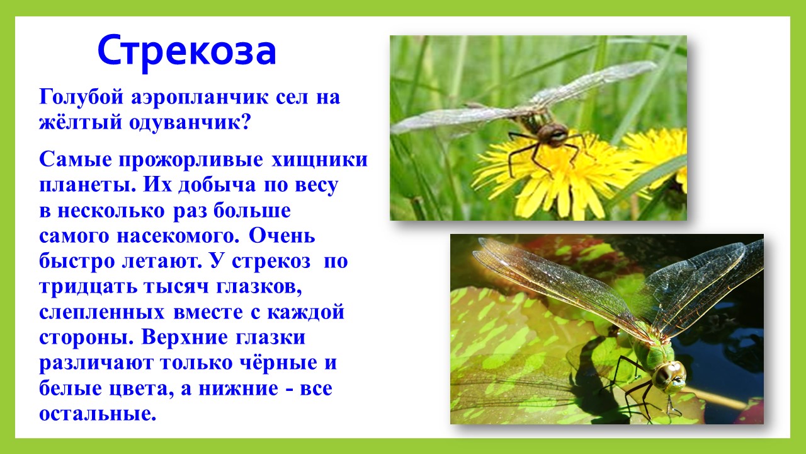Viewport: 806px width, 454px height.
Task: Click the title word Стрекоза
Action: click(x=187, y=51)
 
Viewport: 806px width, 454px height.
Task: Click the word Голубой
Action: click(x=81, y=98)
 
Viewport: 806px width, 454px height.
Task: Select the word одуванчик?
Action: click(x=190, y=123)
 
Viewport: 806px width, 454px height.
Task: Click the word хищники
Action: click(x=319, y=160)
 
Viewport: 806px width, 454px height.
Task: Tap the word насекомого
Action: click(x=178, y=236)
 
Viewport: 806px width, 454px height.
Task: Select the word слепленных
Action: click(x=102, y=312)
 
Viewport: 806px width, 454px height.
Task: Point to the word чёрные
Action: click(x=274, y=363)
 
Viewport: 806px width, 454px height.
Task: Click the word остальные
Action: click(x=98, y=414)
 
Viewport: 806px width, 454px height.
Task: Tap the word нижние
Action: click(x=238, y=388)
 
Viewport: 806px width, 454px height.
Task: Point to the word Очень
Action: click(x=281, y=236)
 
